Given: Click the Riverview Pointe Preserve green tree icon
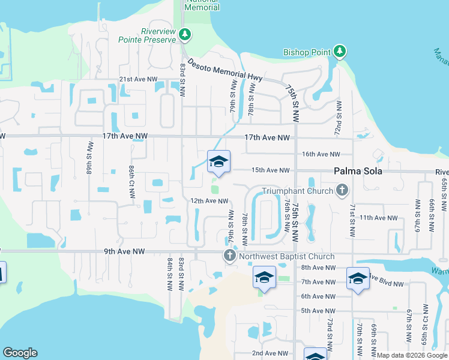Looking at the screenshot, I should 185,35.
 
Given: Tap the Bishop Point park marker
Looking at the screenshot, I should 340,52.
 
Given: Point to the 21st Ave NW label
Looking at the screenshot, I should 138,79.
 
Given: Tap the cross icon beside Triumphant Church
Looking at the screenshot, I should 342,191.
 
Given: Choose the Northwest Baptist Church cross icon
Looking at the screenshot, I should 229,256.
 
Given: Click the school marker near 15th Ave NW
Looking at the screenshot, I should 218,162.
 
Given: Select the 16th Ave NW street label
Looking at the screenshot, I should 321,154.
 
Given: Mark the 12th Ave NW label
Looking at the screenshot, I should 209,201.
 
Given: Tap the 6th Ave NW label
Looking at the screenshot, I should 318,296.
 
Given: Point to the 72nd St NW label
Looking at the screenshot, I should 339,118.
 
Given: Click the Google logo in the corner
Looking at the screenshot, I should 20,353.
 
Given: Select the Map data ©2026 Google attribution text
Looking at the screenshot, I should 411,355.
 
